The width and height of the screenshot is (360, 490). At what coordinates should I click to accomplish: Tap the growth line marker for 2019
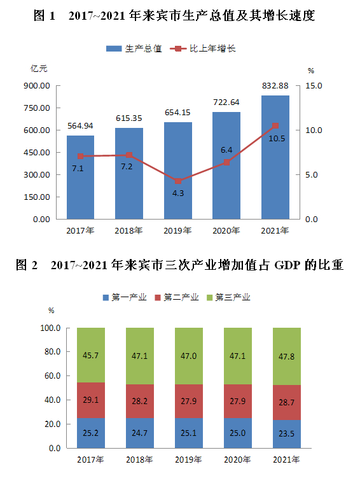178,181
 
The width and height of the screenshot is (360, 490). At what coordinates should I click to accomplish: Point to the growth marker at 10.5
275,126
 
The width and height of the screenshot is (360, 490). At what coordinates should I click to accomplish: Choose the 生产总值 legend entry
135,48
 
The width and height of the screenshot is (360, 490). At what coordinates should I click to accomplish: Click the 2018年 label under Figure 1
128,230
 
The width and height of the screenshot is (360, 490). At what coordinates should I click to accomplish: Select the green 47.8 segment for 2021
287,356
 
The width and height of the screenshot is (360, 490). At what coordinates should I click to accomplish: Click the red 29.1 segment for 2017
91,401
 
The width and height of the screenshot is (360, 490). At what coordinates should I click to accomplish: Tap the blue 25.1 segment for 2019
189,433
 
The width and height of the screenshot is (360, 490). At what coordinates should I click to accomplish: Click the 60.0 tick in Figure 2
50,376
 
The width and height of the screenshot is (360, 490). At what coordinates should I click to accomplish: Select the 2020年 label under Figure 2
238,459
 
